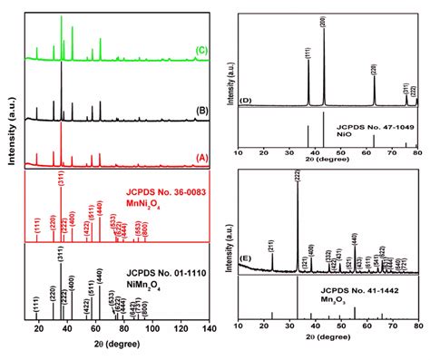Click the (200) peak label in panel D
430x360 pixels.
(324, 21)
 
